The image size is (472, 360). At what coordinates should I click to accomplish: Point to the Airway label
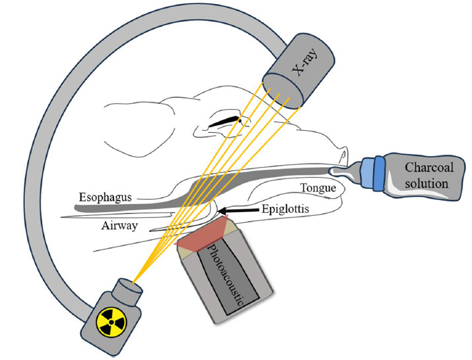[118, 225]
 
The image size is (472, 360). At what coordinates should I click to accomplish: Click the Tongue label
[318, 188]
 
